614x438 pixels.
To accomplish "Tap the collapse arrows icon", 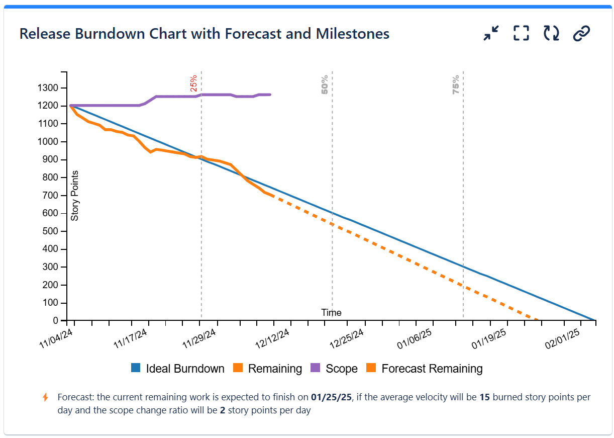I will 491,34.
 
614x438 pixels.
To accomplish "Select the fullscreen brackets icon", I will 521,34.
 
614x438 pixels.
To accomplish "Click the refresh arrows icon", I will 551,34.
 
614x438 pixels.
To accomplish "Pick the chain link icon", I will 581,34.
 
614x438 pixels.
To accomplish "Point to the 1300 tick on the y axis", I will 49,88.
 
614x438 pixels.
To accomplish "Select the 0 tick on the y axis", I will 56,320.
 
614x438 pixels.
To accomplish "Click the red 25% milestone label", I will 193,83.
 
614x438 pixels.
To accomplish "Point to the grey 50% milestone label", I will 325,84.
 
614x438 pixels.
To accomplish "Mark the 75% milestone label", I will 456,84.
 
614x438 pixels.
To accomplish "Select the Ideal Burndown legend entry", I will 178,369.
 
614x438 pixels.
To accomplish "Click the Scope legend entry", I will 335,369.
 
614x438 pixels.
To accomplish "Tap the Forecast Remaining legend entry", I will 425,369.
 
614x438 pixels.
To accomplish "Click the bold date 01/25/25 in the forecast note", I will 332,397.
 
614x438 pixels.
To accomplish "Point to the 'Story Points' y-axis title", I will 75,196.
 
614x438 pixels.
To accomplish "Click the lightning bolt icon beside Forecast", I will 45,397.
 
